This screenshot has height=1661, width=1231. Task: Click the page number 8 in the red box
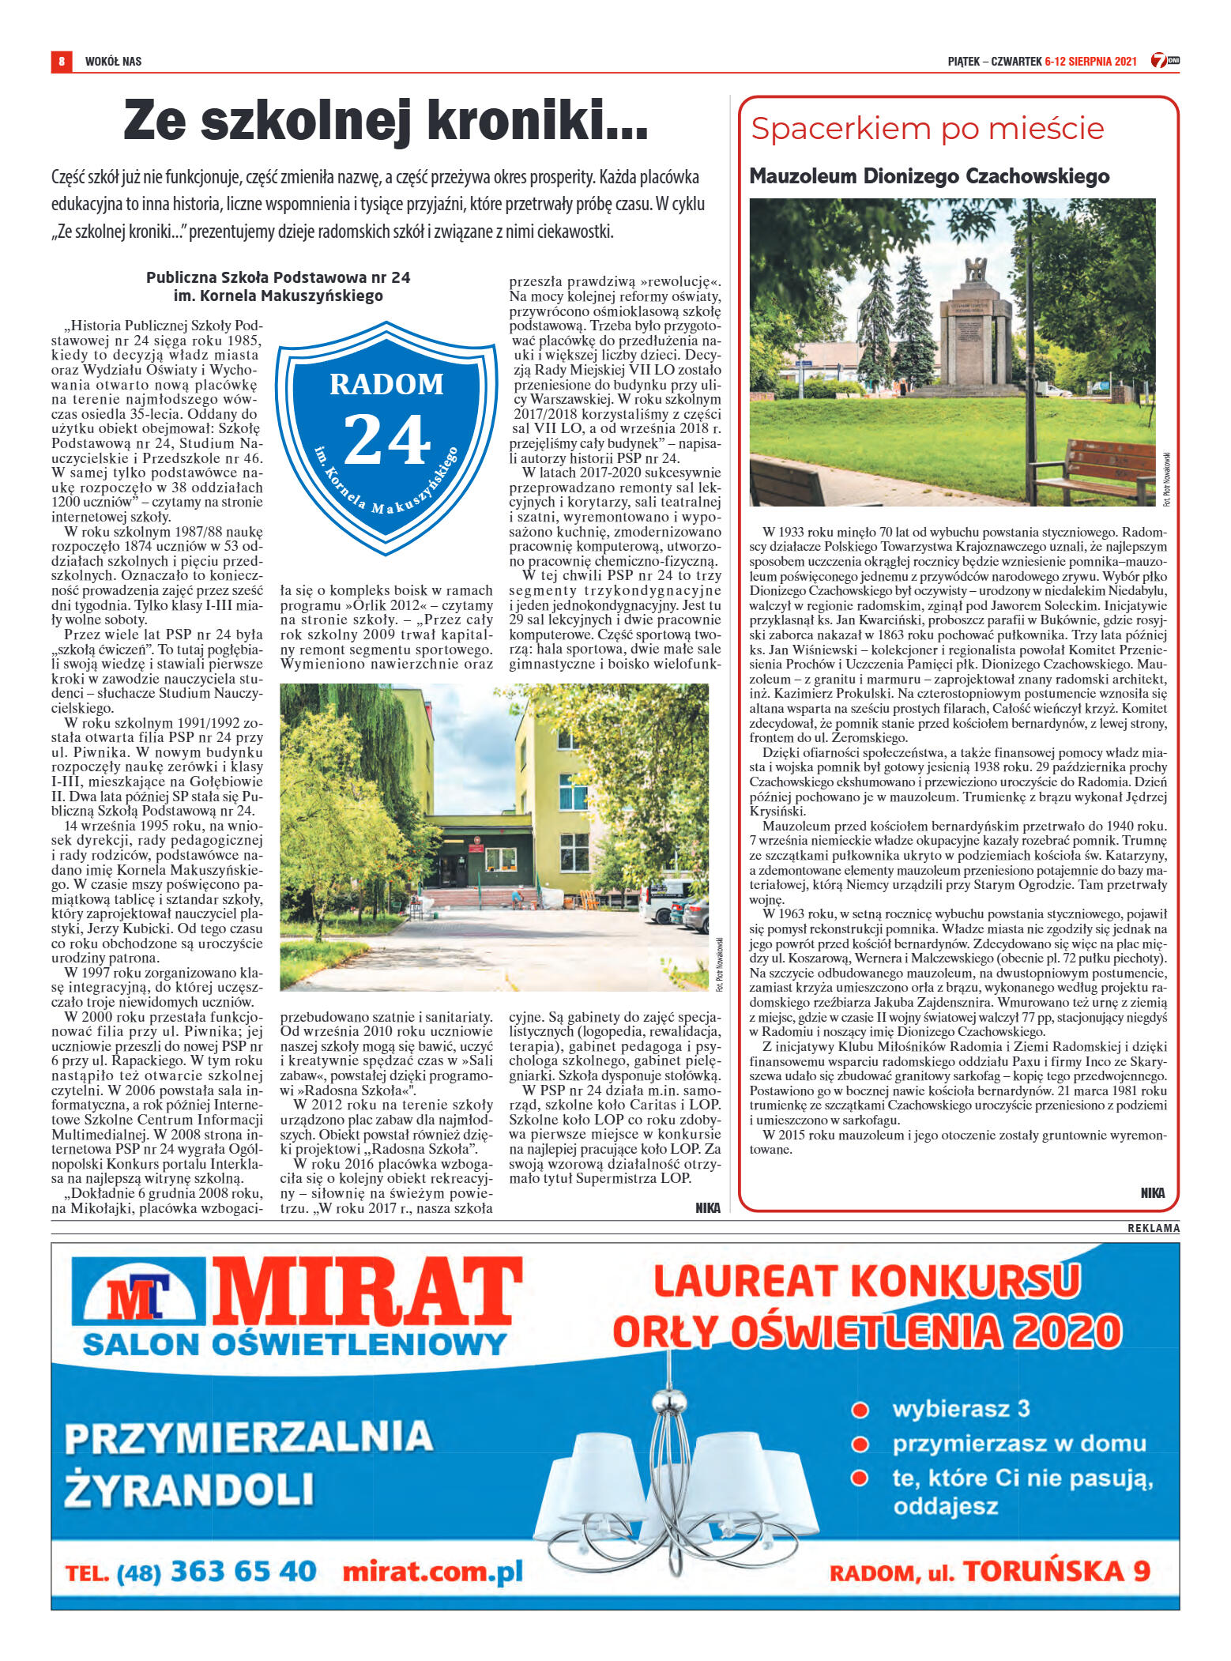pos(61,61)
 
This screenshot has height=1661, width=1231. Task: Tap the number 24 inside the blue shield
pos(386,440)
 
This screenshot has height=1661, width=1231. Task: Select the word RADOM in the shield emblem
pos(386,384)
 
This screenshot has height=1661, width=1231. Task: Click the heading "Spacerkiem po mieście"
pos(927,129)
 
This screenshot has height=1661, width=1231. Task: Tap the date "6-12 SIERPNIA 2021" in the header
pos(1090,61)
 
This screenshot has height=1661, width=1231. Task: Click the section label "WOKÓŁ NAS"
pos(113,61)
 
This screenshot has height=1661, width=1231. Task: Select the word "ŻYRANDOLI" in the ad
pos(190,1490)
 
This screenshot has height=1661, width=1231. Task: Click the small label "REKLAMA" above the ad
pos(1153,1229)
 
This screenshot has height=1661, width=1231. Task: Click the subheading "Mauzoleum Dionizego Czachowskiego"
pos(929,176)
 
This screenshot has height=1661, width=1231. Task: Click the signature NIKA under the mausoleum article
pos(1152,1193)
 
